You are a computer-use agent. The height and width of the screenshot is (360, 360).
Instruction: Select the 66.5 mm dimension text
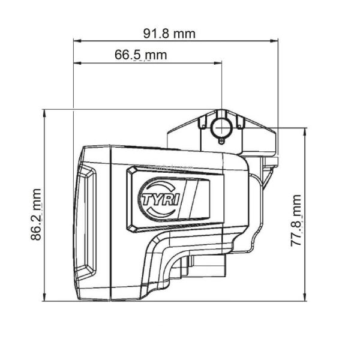click(141, 55)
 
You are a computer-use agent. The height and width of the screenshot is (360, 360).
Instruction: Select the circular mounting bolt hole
click(222, 128)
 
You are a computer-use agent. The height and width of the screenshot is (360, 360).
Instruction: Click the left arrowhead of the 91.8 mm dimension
click(77, 41)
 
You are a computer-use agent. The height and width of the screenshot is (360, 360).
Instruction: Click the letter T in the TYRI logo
click(147, 198)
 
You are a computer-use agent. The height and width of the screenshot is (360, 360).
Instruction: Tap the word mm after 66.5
click(156, 55)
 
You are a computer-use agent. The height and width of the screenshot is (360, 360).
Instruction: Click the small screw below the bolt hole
click(222, 142)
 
